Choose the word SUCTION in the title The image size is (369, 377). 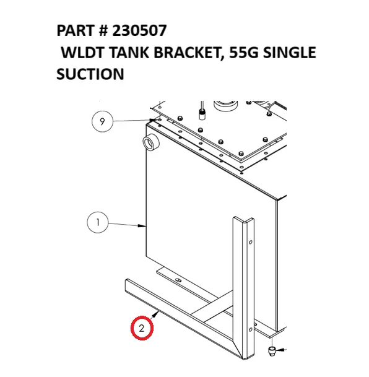90,74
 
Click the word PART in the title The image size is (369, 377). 74,31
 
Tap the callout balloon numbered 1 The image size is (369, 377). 97,221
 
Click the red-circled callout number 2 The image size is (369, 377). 142,328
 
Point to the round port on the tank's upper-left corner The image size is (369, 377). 150,144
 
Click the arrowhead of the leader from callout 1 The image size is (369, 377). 145,228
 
